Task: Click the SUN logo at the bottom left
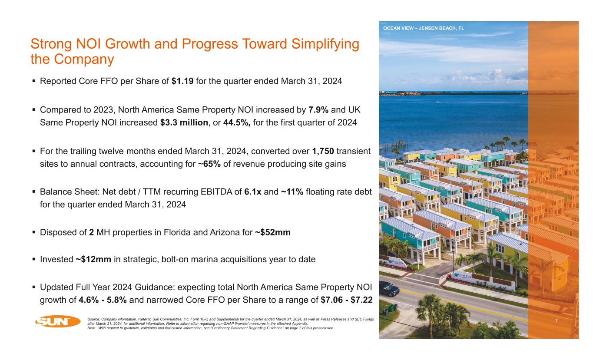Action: tap(58, 322)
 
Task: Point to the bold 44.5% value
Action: tap(237, 122)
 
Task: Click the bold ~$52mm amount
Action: tap(272, 233)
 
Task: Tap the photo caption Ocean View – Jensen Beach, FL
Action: tap(423, 28)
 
